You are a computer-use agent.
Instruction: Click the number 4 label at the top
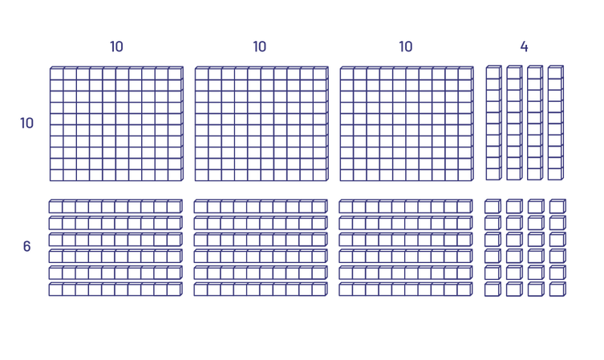pos(524,47)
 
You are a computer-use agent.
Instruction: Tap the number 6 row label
pos(26,246)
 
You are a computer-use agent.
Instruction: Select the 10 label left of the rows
pos(27,123)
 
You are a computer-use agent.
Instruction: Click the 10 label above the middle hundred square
pos(260,47)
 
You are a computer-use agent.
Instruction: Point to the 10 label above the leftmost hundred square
pos(116,47)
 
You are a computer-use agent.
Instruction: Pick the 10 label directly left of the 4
pos(406,47)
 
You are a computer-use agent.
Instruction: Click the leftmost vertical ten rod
pos(494,123)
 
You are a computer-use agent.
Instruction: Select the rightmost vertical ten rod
pos(556,123)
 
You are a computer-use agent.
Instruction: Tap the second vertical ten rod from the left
pos(515,123)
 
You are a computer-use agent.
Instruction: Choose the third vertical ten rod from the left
pos(535,123)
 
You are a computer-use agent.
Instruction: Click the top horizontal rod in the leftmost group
pos(116,206)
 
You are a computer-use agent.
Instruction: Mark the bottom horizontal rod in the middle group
pos(261,289)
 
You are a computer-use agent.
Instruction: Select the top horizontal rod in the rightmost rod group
pos(406,206)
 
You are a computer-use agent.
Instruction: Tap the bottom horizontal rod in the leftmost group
pos(116,289)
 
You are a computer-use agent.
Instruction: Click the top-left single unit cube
pos(493,206)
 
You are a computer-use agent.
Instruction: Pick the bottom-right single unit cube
pos(557,289)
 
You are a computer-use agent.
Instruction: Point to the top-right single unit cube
pos(557,206)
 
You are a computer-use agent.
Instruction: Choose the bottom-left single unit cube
pos(493,289)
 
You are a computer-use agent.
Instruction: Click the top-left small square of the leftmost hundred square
pos(57,74)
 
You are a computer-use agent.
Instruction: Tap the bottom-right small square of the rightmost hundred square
pos(465,175)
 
